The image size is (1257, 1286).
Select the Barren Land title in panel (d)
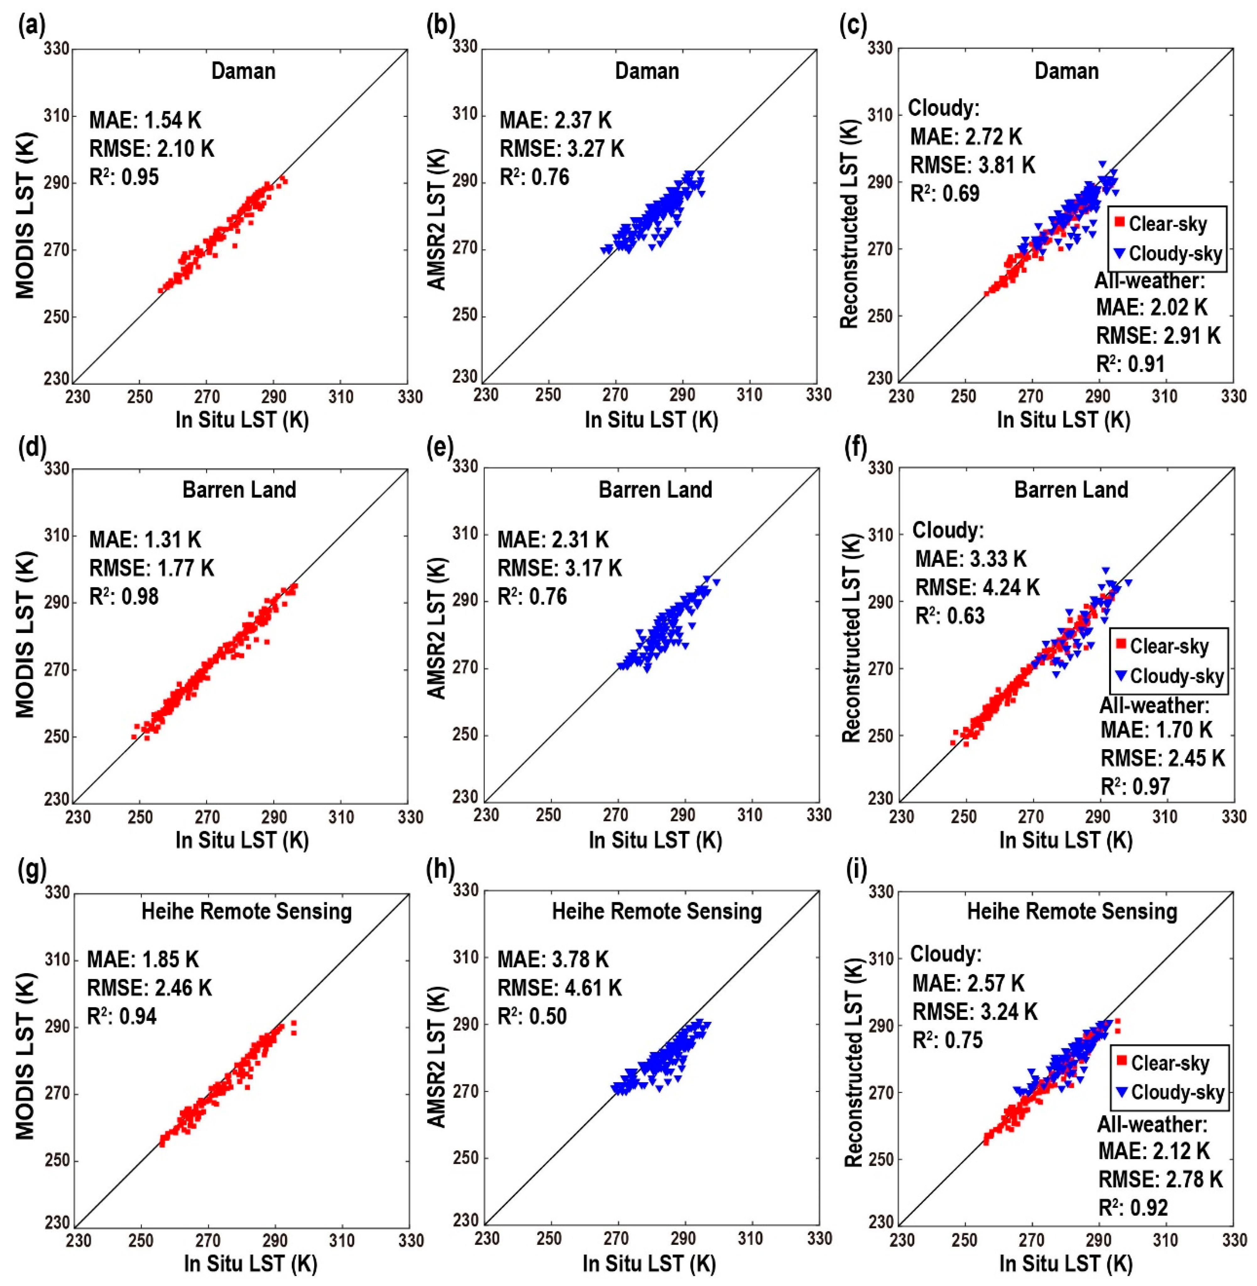tap(239, 490)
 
